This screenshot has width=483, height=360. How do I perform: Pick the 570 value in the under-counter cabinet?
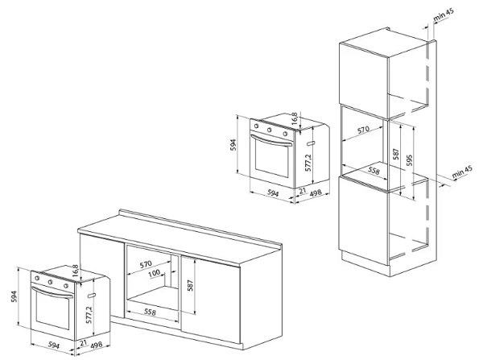tap(146, 263)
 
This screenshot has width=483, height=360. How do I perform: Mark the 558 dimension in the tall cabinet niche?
tap(374, 171)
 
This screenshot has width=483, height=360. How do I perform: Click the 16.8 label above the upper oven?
tap(295, 118)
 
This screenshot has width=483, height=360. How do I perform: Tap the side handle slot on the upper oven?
tap(310, 143)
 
